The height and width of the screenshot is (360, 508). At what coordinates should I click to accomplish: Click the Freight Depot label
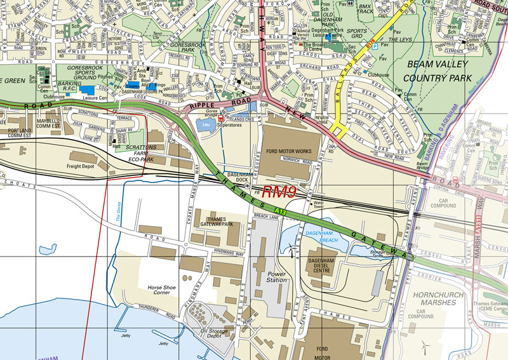[x=81, y=166]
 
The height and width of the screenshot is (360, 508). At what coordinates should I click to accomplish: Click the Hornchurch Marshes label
[x=443, y=299]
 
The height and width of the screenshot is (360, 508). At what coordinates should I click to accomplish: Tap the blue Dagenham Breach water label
[x=320, y=236]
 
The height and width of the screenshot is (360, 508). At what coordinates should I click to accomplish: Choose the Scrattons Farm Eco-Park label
[x=140, y=152]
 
